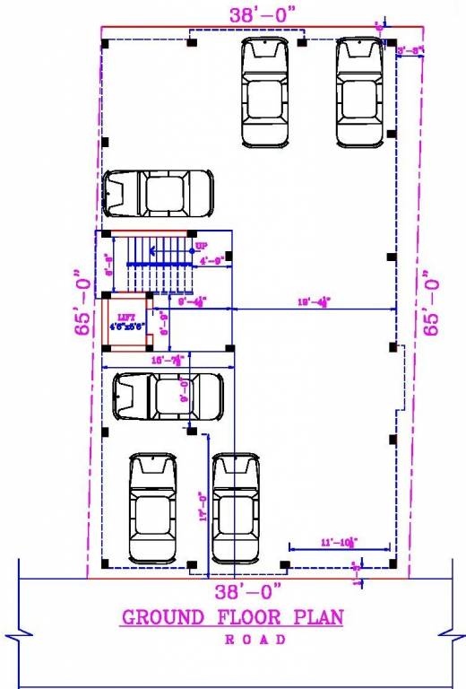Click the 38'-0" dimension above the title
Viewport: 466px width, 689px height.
pos(248,591)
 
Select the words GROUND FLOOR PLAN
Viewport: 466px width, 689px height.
pos(232,617)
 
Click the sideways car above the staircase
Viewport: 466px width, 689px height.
pos(159,193)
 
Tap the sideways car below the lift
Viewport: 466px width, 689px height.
pos(168,396)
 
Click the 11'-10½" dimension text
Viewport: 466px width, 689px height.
pos(340,542)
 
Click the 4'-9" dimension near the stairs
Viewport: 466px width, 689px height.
pos(212,261)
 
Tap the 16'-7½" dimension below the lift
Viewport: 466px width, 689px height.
pos(168,360)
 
